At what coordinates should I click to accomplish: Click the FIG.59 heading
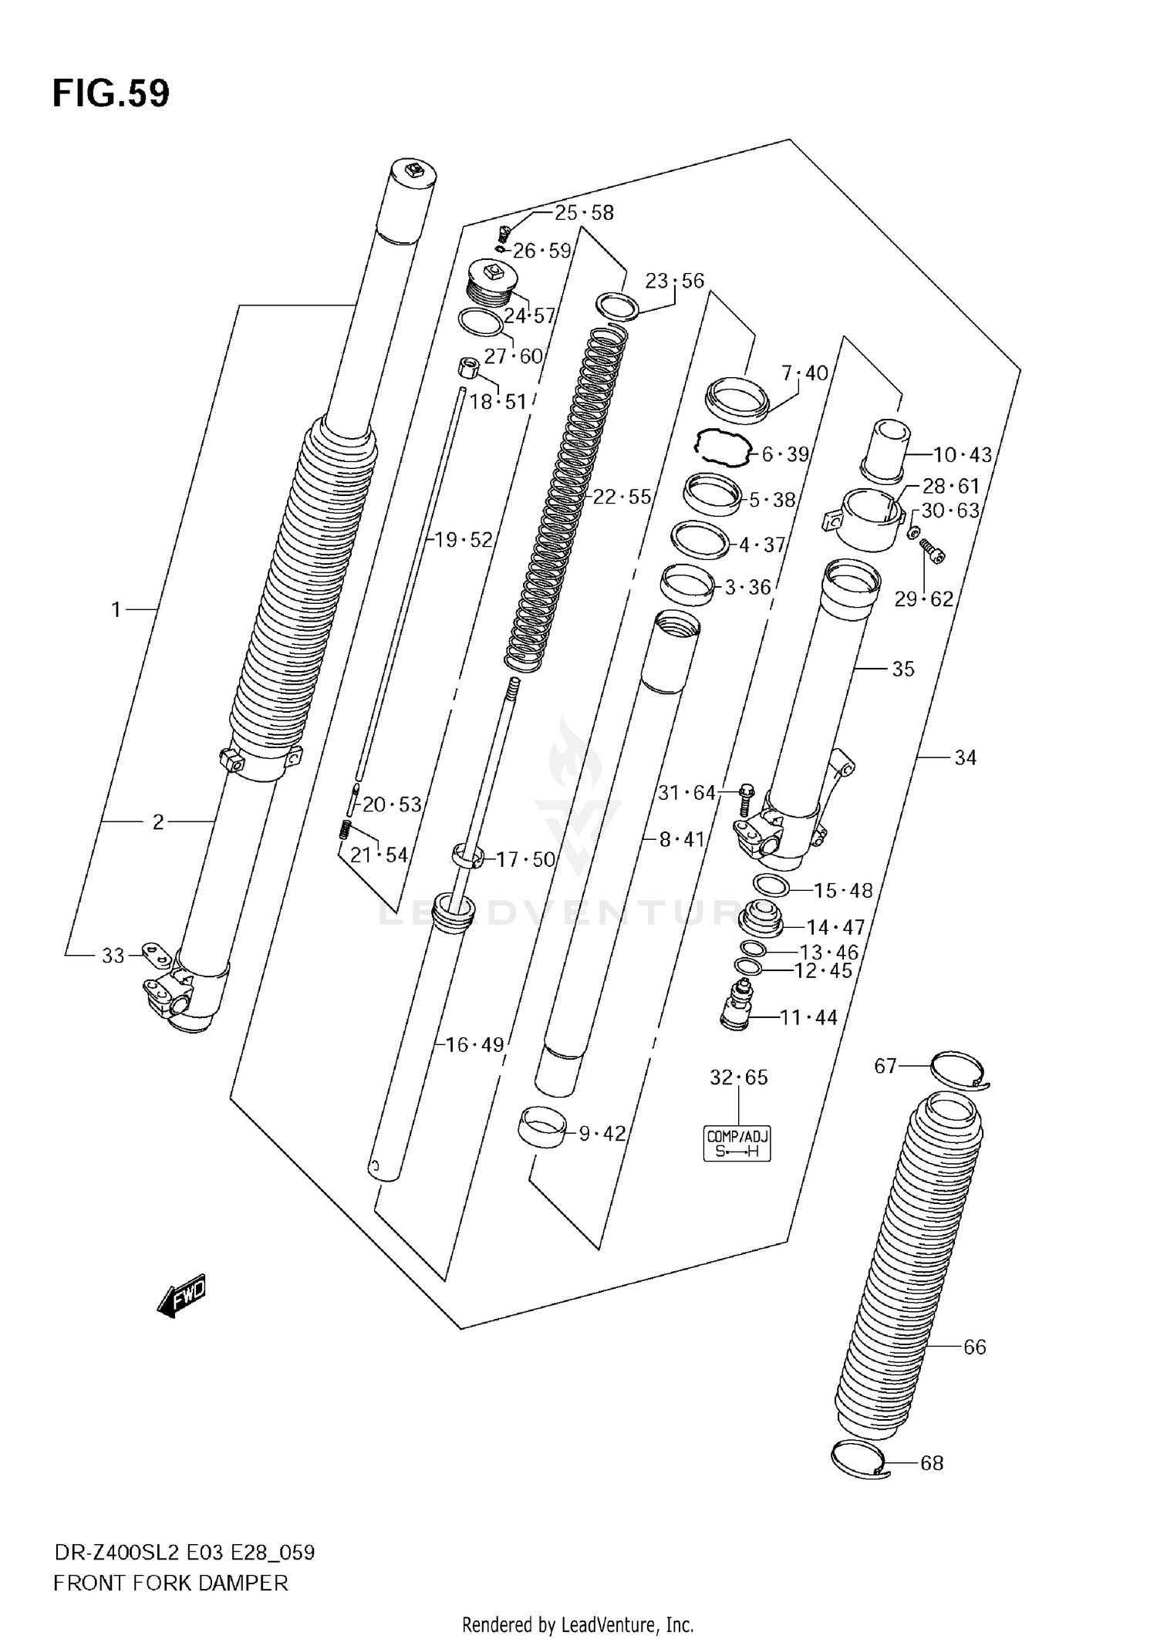111,94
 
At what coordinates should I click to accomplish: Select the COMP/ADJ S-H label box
738,1144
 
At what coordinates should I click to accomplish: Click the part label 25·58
584,213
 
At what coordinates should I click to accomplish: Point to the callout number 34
965,758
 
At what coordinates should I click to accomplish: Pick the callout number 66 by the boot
975,1347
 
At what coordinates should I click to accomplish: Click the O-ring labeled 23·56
617,306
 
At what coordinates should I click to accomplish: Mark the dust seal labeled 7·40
738,397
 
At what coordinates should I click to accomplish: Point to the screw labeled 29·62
934,550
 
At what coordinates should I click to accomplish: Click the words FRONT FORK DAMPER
170,1583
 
